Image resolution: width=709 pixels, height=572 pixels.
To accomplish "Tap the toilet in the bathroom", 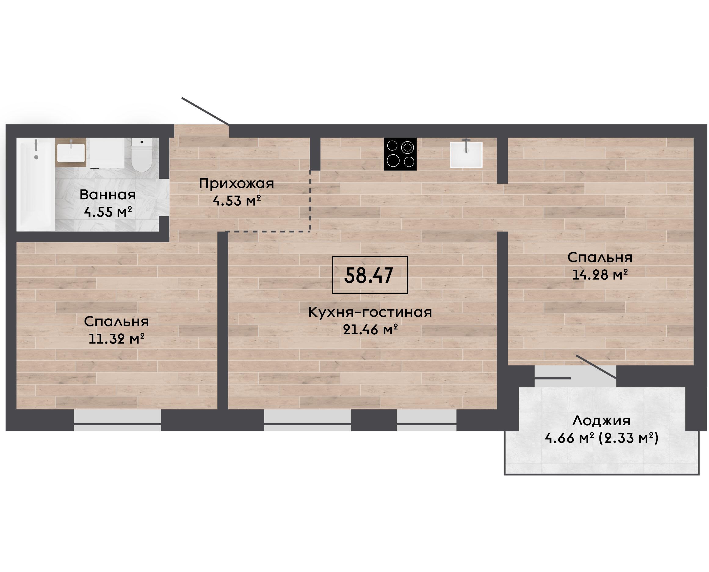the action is pyautogui.click(x=141, y=155).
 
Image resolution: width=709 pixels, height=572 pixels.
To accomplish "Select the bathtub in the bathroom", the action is pyautogui.click(x=36, y=184).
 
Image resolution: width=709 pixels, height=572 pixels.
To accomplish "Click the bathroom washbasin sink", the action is pyautogui.click(x=71, y=153).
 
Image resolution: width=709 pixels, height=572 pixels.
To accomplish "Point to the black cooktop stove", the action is pyautogui.click(x=400, y=154).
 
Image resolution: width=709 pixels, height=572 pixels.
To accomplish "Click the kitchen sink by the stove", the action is pyautogui.click(x=466, y=154).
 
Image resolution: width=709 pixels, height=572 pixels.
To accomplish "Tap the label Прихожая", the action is pyautogui.click(x=236, y=184).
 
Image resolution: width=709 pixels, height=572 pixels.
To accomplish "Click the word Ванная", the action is pyautogui.click(x=107, y=195).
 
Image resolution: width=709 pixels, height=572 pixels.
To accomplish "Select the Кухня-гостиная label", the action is pyautogui.click(x=370, y=312).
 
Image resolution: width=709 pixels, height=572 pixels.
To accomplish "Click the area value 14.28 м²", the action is pyautogui.click(x=599, y=275).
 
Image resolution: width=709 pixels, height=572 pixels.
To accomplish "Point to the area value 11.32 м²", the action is pyautogui.click(x=117, y=338).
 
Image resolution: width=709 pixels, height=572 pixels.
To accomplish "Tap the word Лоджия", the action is pyautogui.click(x=602, y=421).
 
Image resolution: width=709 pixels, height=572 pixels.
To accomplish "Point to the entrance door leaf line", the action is pyautogui.click(x=205, y=111).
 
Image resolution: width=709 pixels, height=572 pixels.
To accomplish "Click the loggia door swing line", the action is pyautogui.click(x=596, y=367).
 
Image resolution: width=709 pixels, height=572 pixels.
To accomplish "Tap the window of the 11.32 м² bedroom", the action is pyautogui.click(x=117, y=420).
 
